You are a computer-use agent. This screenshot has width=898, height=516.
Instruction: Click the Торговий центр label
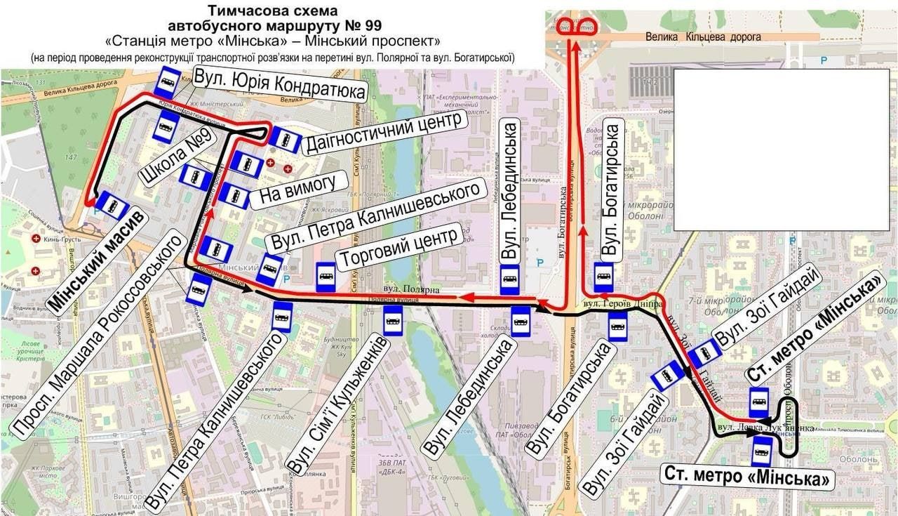coord(399,247)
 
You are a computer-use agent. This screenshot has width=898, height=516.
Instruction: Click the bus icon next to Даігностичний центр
coord(285,139)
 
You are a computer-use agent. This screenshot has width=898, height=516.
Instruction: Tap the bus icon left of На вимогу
coord(234,195)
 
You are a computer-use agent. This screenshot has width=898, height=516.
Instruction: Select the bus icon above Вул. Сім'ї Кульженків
coord(393,322)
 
